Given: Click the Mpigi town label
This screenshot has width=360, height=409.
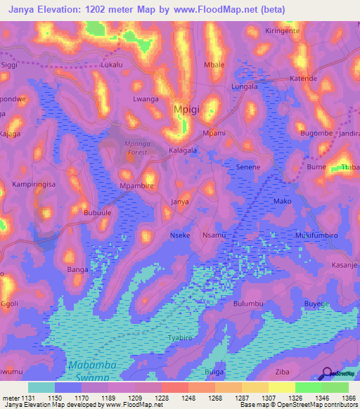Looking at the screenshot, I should [186, 110].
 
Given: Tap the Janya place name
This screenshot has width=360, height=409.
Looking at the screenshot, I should [181, 202].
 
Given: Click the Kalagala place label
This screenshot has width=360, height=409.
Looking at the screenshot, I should [183, 150].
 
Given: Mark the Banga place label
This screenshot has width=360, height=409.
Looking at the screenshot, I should [77, 269].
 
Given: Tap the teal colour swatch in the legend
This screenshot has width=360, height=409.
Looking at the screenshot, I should [41, 387].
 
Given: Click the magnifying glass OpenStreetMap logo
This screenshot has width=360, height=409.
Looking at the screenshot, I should [325, 374].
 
